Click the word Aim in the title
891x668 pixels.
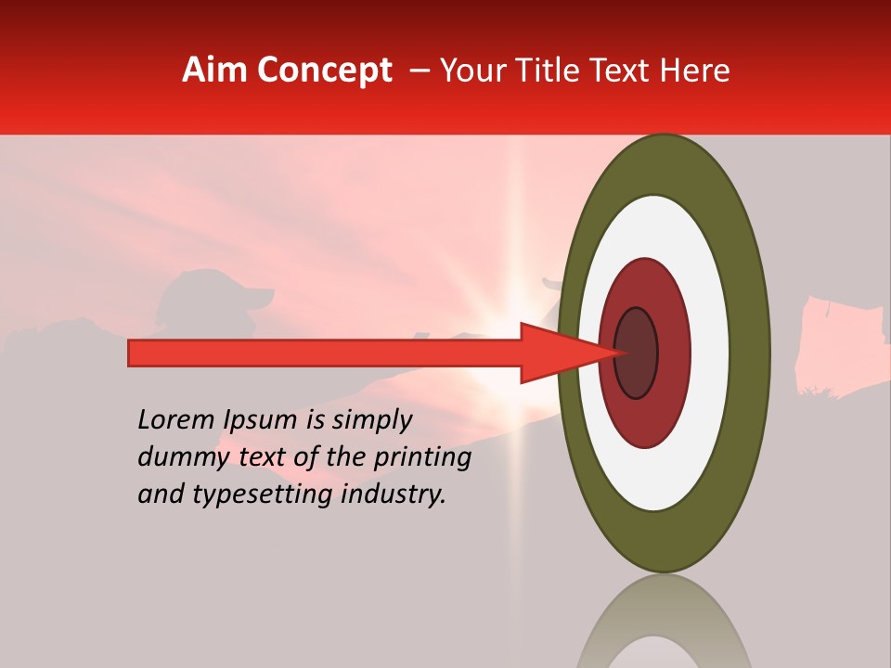point(215,71)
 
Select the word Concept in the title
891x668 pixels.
point(324,71)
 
